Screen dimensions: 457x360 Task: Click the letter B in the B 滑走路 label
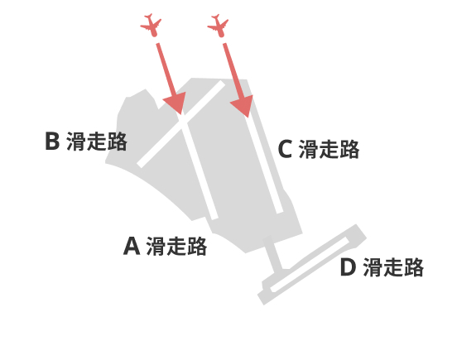point(52,141)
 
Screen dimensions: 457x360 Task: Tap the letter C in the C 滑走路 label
point(285,149)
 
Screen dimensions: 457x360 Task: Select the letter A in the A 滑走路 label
point(132,246)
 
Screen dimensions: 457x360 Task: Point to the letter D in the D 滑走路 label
point(348,267)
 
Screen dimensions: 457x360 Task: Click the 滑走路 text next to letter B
point(97,142)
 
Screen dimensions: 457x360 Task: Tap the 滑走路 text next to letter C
point(329,149)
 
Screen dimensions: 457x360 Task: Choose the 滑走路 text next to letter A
point(176,246)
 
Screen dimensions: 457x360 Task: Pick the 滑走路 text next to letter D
point(393,267)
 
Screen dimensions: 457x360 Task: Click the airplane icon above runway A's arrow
point(151,25)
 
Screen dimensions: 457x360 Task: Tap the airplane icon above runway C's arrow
point(218,26)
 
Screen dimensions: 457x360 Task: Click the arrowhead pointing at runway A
point(176,103)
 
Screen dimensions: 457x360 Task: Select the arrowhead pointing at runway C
point(243,105)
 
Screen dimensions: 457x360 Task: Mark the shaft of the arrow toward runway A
point(166,70)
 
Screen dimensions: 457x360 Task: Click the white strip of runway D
point(310,264)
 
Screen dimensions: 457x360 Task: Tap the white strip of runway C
point(264,164)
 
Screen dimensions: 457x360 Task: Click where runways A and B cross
point(183,122)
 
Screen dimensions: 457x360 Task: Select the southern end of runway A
point(214,218)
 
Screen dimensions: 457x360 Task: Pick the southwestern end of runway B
point(140,164)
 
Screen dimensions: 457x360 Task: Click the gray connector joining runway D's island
point(273,254)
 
